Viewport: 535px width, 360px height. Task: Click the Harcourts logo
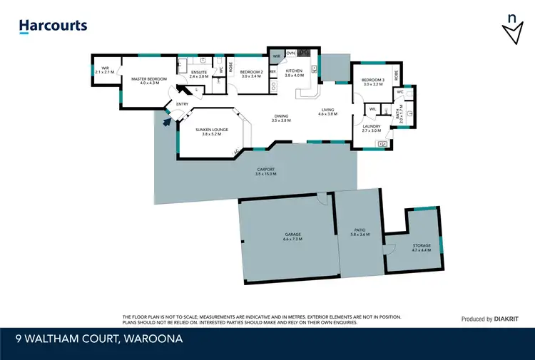click(x=53, y=26)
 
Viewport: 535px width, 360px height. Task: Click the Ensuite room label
click(x=199, y=73)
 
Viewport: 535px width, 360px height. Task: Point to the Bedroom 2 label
click(x=252, y=73)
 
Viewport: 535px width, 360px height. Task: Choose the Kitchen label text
click(x=295, y=73)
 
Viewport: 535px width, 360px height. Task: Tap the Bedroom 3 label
click(x=373, y=82)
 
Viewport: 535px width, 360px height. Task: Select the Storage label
click(x=421, y=247)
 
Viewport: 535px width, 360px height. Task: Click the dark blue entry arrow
click(x=168, y=121)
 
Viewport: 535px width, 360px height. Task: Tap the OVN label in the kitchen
click(x=290, y=53)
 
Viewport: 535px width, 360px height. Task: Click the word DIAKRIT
click(x=511, y=319)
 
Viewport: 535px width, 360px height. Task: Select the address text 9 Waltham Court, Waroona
click(x=101, y=339)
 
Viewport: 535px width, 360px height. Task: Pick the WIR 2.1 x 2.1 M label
click(x=103, y=71)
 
